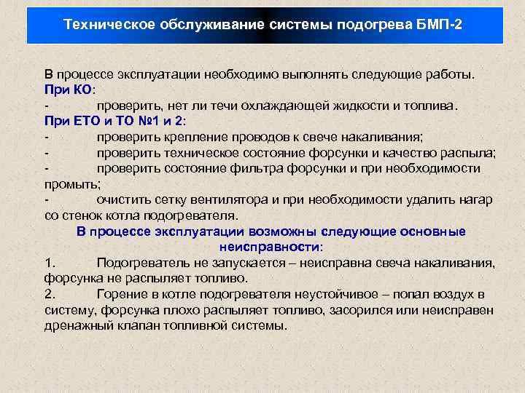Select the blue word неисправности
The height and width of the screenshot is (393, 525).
(x=271, y=247)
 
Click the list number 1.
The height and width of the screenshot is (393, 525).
(x=49, y=263)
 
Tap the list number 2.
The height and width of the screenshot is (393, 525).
(x=49, y=294)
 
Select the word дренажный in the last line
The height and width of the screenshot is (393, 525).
(x=76, y=325)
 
